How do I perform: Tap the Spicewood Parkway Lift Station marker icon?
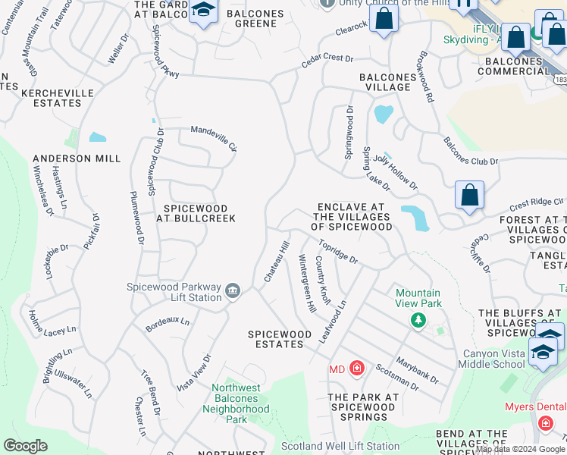click(233, 291)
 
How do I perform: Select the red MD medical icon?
click(357, 369)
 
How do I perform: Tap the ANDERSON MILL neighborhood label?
click(77, 158)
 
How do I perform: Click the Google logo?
click(26, 446)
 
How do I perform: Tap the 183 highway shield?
click(560, 80)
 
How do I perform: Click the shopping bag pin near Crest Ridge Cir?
click(470, 195)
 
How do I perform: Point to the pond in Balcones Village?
click(384, 114)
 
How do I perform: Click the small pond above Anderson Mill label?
click(97, 137)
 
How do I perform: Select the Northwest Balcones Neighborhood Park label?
click(237, 403)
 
